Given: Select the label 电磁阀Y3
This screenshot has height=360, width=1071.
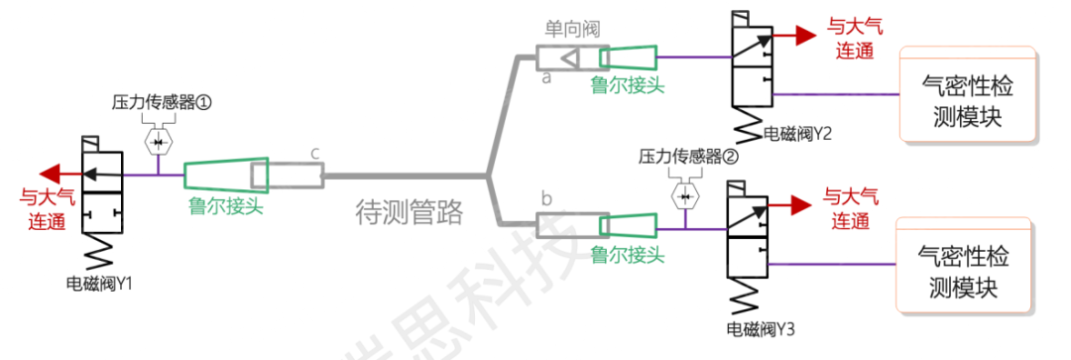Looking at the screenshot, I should pyautogui.click(x=762, y=326).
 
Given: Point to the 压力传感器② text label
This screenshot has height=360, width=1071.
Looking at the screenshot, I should pyautogui.click(x=689, y=156).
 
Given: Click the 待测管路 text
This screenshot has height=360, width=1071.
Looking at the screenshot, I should pyautogui.click(x=409, y=211).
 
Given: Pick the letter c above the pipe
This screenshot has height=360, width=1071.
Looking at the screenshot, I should pyautogui.click(x=313, y=152).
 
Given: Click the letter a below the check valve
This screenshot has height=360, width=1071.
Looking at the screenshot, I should pyautogui.click(x=545, y=78).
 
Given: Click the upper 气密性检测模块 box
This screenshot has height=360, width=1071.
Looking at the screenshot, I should pyautogui.click(x=967, y=95).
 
